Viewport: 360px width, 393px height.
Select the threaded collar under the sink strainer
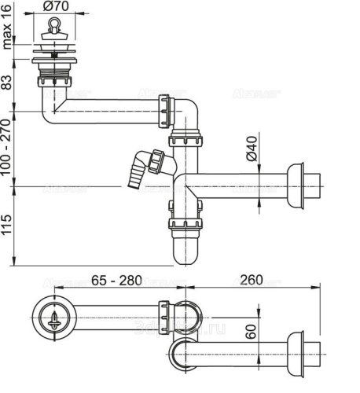[x=54, y=79]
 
